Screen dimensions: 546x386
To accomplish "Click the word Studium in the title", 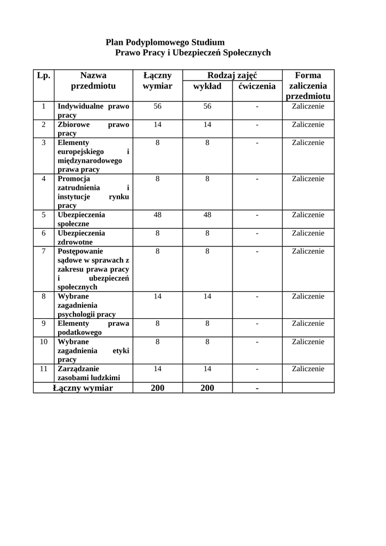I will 208,42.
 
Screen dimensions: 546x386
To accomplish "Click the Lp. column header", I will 44,76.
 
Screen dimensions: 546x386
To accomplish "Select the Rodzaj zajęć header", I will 232,76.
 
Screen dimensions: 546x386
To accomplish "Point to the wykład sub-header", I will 207,86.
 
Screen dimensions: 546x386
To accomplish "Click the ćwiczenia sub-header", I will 257,86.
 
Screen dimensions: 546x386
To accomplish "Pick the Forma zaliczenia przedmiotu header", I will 308,86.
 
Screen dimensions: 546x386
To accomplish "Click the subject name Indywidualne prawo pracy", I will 93,110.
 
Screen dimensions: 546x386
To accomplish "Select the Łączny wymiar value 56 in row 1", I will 157,106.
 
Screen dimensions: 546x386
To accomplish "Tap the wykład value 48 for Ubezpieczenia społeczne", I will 207,215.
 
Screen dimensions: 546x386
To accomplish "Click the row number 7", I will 44,251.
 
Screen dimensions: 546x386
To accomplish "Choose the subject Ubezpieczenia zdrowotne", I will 81,237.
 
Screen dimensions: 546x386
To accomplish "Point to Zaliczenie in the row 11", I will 308,368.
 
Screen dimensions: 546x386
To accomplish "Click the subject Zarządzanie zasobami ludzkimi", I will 89,373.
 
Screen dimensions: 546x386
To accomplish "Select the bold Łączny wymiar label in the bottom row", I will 83,388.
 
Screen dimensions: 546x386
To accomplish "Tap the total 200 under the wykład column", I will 207,388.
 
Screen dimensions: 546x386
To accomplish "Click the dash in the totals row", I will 257,388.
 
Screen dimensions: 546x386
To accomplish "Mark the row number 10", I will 44,342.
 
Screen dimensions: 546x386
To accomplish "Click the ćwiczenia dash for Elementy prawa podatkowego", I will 257,324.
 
